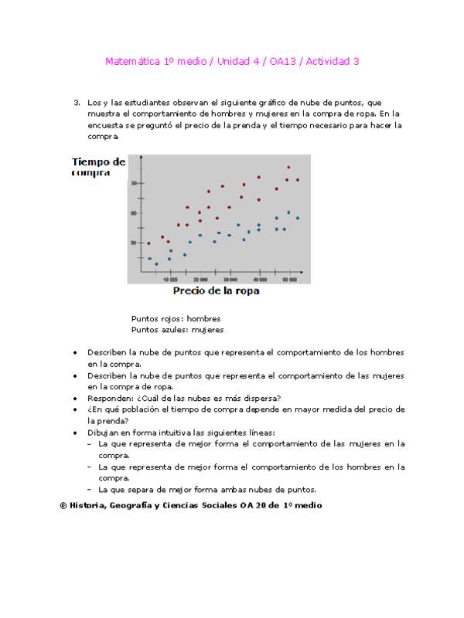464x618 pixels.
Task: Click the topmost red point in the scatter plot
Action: click(x=288, y=167)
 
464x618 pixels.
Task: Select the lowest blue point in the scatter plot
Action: click(x=156, y=264)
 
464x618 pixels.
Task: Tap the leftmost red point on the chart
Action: click(x=148, y=243)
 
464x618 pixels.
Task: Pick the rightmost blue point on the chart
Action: click(x=298, y=218)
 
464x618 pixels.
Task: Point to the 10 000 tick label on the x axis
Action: click(x=170, y=279)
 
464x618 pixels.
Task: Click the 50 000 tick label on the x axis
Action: click(x=289, y=279)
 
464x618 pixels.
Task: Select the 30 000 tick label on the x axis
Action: click(x=230, y=279)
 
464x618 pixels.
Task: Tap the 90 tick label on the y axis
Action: click(x=133, y=183)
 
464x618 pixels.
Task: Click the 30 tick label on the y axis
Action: click(x=133, y=243)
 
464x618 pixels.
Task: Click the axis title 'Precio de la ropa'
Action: click(x=216, y=291)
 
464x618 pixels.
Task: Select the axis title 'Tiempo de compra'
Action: click(x=98, y=167)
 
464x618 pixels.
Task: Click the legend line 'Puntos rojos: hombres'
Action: click(x=176, y=318)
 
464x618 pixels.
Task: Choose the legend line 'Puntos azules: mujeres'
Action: click(x=177, y=330)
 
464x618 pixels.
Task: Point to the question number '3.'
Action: click(x=77, y=102)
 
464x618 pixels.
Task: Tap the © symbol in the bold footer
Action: click(x=63, y=505)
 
